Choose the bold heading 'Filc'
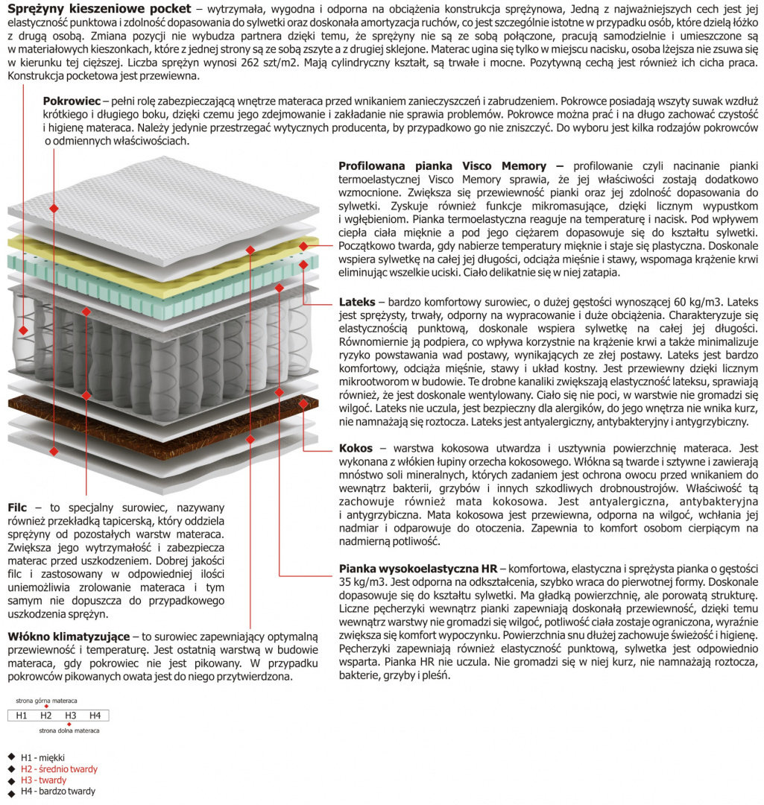pyautogui.click(x=17, y=507)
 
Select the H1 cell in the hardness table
pyautogui.click(x=21, y=716)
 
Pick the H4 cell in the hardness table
pyautogui.click(x=95, y=716)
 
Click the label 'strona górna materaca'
pyautogui.click(x=46, y=701)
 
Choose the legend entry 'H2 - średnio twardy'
pyautogui.click(x=59, y=768)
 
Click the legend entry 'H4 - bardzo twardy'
pyautogui.click(x=57, y=792)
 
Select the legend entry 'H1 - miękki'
pyautogui.click(x=42, y=757)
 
